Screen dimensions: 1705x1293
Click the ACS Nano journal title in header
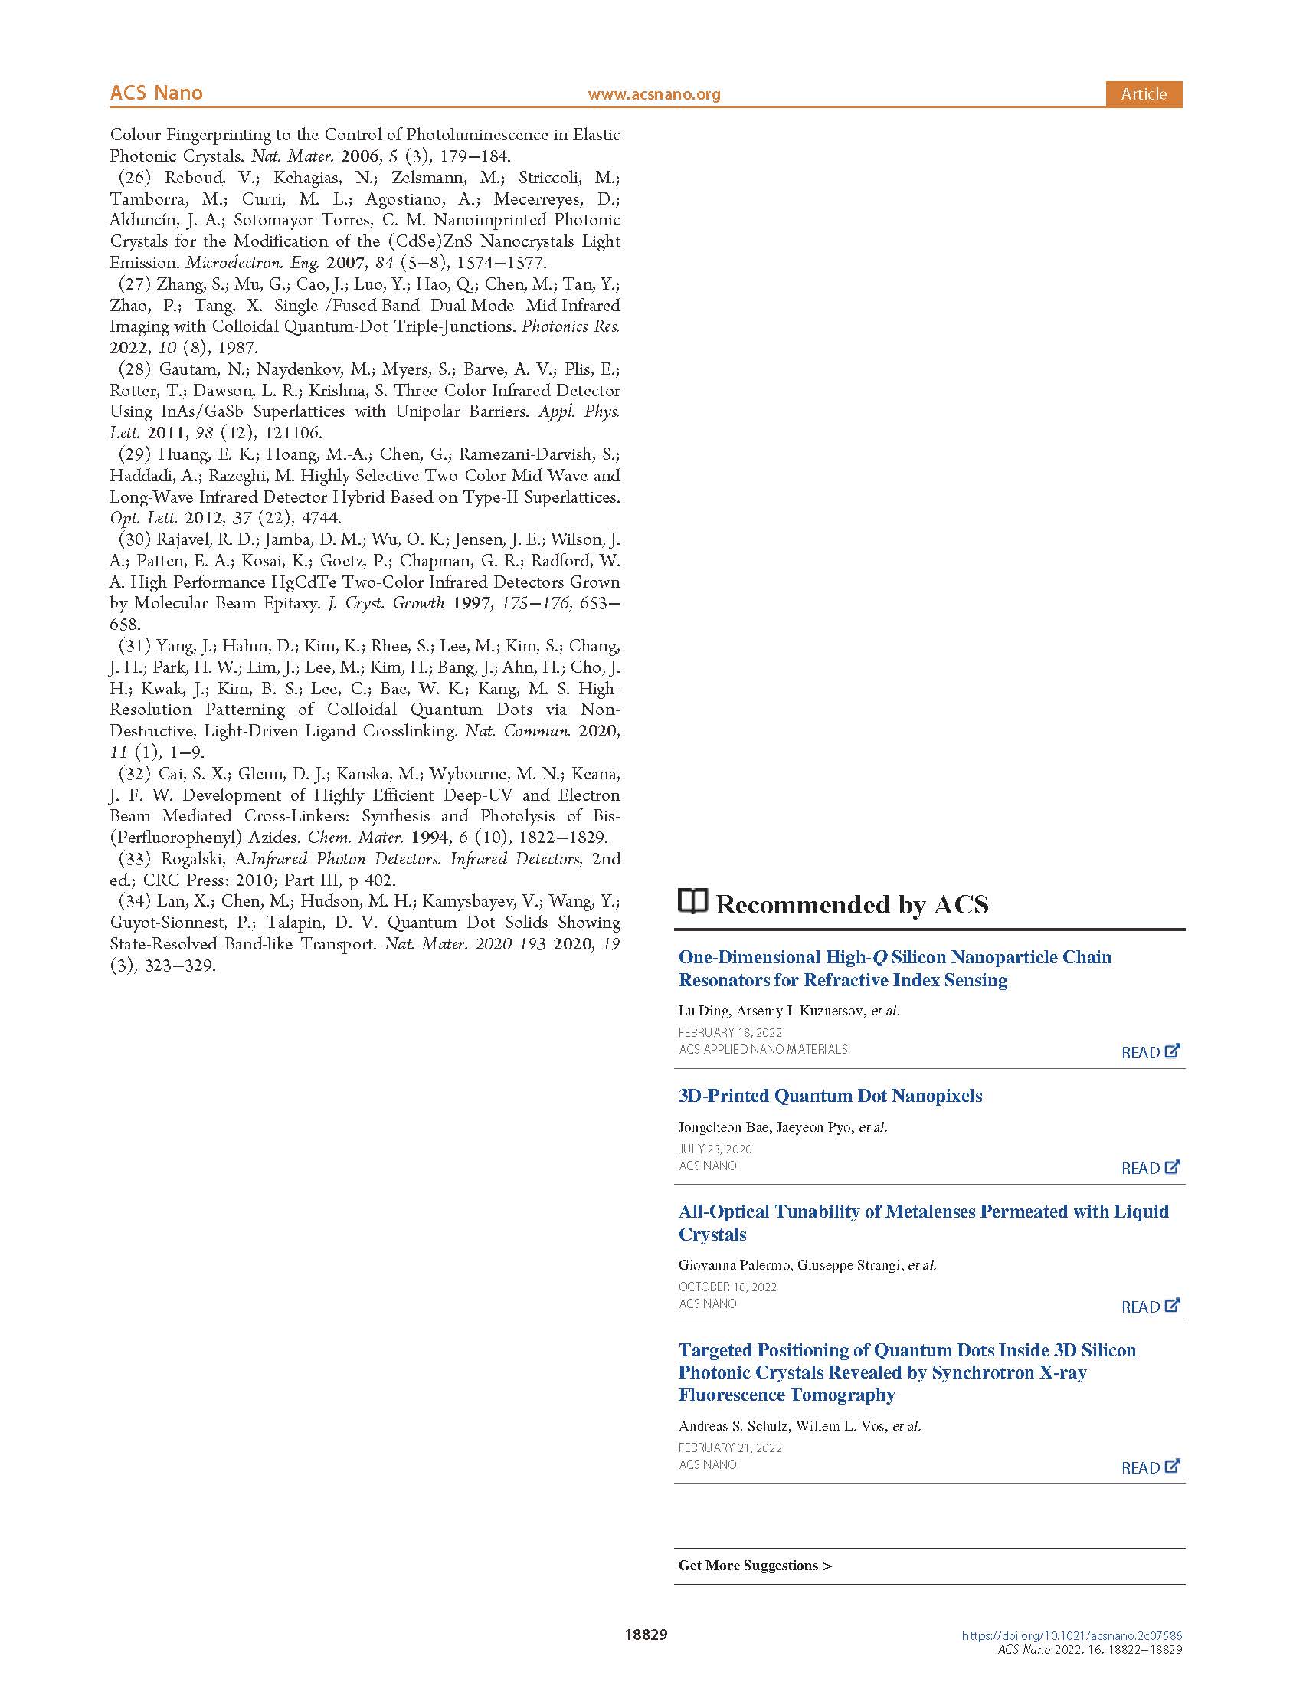point(155,93)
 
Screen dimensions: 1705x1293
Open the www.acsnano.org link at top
point(653,95)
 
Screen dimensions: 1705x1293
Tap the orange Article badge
point(1143,94)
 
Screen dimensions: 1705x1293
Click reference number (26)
point(134,177)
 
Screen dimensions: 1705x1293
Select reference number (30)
point(134,539)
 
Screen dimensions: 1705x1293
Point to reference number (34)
point(134,901)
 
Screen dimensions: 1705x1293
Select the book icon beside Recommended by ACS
point(692,901)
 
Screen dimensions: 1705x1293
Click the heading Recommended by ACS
point(852,904)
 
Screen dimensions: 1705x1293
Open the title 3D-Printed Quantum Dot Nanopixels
point(830,1095)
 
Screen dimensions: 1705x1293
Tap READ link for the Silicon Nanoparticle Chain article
point(1150,1052)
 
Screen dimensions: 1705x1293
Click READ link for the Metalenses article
point(1150,1307)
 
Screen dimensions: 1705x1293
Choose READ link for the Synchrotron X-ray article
point(1150,1467)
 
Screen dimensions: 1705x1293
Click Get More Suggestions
point(755,1566)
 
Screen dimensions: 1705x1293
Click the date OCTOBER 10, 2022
point(728,1287)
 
